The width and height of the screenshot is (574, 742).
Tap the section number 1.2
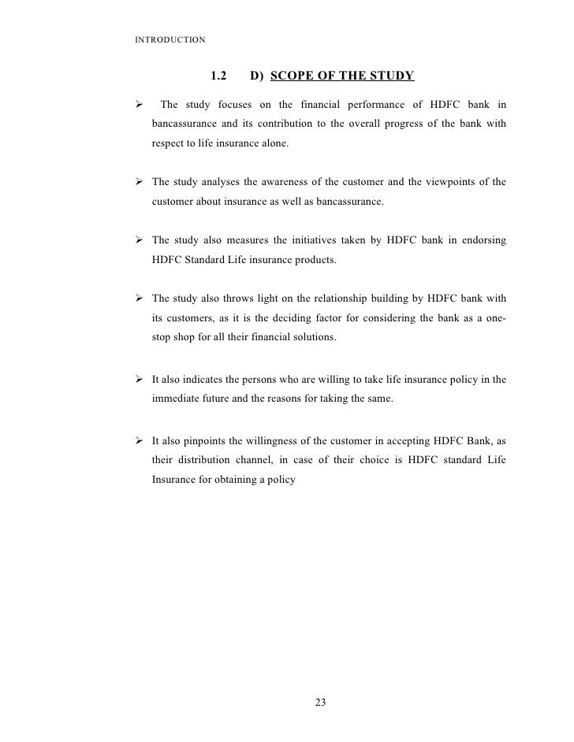(x=219, y=77)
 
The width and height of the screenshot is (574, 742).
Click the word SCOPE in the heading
(x=298, y=77)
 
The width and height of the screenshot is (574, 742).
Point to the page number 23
(x=320, y=703)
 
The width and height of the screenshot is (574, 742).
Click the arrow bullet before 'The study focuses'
(x=138, y=105)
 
